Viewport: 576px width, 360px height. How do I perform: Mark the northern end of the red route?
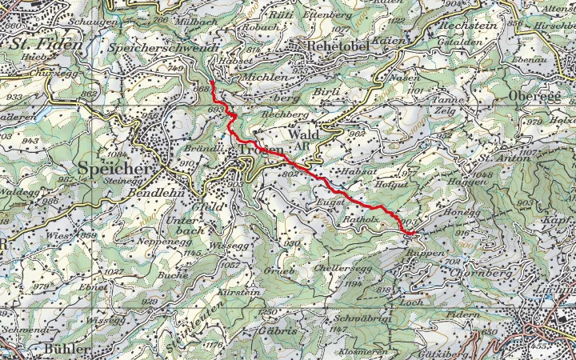coord(214,82)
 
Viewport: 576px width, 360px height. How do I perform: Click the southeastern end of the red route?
coord(410,233)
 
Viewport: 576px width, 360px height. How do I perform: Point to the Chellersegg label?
coord(342,268)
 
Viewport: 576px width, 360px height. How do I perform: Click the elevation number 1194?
coord(330,282)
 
